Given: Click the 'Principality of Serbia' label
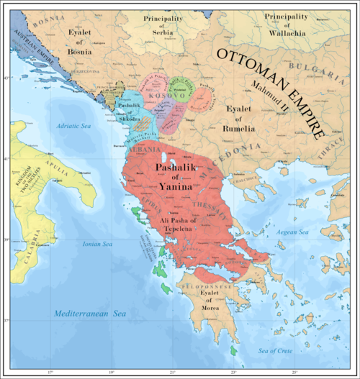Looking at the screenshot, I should tap(156, 24).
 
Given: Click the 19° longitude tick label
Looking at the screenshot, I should tap(112, 373).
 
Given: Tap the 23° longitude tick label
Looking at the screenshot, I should tap(233, 373).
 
